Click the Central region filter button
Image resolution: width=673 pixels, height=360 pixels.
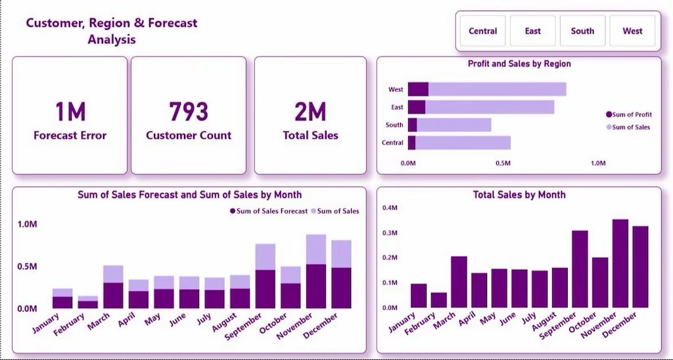482,31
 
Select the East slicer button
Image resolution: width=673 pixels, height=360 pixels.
532,31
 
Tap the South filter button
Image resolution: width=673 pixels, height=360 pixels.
582,31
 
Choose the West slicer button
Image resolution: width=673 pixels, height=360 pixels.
632,31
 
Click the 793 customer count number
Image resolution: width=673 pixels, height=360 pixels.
189,112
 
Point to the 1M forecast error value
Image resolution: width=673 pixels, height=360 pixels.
70,112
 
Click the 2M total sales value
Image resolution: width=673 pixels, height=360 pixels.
310,112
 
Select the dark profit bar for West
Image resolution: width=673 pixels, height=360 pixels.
418,89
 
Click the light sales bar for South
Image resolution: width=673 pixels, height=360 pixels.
454,125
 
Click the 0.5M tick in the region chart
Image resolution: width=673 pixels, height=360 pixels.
503,162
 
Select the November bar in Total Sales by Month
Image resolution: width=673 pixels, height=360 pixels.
620,263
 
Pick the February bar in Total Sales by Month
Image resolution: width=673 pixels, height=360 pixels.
438,300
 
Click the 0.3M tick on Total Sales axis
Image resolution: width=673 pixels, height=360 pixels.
390,233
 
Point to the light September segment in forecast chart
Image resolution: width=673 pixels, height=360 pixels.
265,257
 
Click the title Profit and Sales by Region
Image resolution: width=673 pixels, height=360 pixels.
519,64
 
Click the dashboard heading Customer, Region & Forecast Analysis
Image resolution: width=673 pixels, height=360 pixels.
111,31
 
